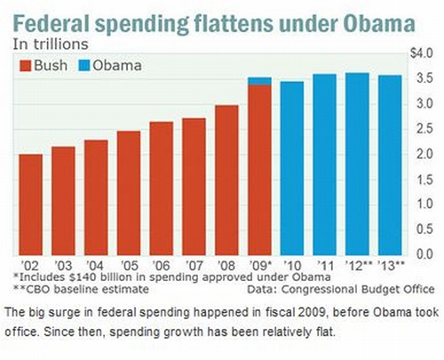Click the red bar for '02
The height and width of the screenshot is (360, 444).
tap(31, 204)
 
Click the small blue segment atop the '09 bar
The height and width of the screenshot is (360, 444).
tap(259, 81)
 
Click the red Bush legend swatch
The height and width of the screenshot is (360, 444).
tap(26, 66)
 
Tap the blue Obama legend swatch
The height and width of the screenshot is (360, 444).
tap(85, 66)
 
